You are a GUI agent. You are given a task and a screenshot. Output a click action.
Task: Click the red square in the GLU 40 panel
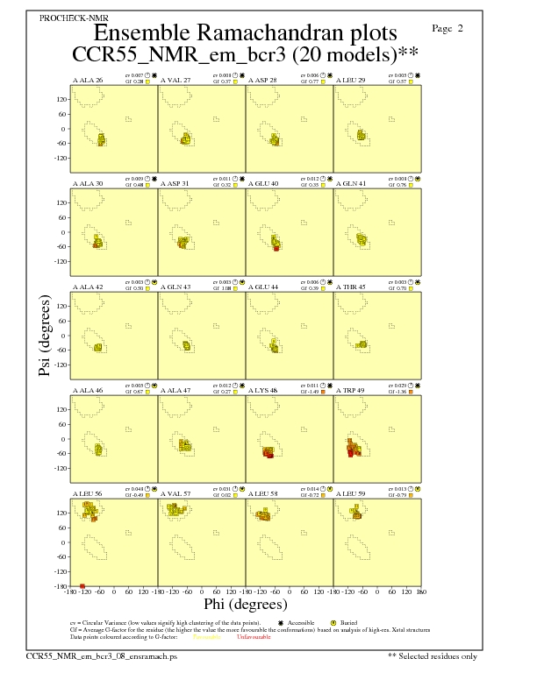point(276,249)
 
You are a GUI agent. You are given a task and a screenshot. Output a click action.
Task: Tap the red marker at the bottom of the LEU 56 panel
point(82,585)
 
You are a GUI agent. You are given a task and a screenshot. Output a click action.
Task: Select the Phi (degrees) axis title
point(245,605)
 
